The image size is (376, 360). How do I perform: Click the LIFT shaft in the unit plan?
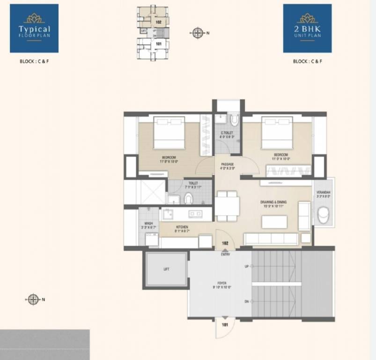[166, 269]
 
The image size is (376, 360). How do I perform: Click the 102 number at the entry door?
[225, 243]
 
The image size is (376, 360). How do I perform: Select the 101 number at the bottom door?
[225, 324]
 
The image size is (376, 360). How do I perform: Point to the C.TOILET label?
[227, 134]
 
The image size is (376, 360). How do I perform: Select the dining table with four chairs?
[227, 206]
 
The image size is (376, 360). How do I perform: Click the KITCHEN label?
[182, 228]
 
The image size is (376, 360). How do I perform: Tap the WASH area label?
[148, 225]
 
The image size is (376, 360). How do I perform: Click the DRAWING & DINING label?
[273, 203]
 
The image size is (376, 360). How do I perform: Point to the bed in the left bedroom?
[169, 133]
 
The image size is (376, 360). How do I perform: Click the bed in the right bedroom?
[277, 133]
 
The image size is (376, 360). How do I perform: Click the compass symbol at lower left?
[33, 299]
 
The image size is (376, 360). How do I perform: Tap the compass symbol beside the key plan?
[198, 32]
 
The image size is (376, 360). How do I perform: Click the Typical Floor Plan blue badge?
[34, 28]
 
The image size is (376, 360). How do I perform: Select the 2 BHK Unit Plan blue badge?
[307, 28]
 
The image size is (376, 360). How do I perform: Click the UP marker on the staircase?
[247, 266]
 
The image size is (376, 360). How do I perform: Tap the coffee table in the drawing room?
[274, 221]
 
